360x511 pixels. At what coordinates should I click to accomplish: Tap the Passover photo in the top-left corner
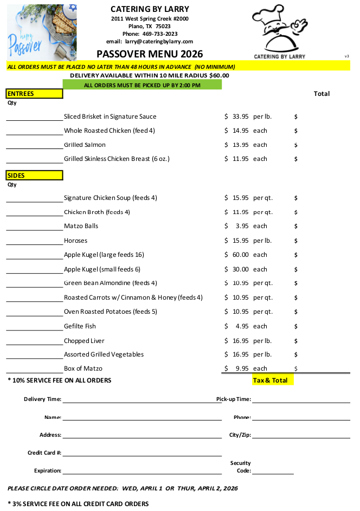[42, 32]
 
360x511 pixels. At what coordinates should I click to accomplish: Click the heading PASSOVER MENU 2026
[150, 54]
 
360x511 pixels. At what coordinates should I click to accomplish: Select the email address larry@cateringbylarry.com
[159, 41]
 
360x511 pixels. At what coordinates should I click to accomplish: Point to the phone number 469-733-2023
[159, 34]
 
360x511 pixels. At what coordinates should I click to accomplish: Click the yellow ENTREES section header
[35, 94]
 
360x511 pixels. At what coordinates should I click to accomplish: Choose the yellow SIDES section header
[35, 176]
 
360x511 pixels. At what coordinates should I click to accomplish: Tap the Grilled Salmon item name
[85, 145]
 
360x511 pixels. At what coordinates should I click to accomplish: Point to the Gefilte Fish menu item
[80, 326]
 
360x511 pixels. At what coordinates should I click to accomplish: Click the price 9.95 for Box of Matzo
[242, 368]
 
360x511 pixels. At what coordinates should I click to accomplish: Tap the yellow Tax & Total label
[273, 380]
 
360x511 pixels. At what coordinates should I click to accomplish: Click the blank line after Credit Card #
[142, 455]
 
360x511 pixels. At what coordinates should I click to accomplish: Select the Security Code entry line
[273, 473]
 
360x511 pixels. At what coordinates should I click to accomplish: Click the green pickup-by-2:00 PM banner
[142, 85]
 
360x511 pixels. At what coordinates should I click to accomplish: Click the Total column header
[322, 94]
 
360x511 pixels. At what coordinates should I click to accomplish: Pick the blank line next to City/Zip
[301, 437]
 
